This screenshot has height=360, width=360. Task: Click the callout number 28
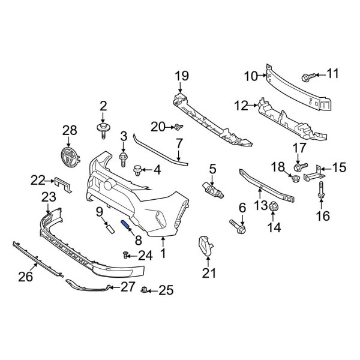[x=70, y=130]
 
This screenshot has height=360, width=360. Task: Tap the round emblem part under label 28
[x=70, y=157]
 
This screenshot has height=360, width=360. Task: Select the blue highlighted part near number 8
[x=126, y=226]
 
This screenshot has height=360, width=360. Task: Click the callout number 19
[x=181, y=76]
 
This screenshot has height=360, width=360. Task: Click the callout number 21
[x=208, y=274]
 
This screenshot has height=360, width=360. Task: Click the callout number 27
[x=128, y=287]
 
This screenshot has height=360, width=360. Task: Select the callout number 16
[x=322, y=215]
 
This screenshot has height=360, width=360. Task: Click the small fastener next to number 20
[x=178, y=127]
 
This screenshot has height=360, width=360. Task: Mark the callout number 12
[x=241, y=106]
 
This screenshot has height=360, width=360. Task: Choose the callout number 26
[x=25, y=277]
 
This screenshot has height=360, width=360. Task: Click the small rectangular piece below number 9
[x=109, y=226]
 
